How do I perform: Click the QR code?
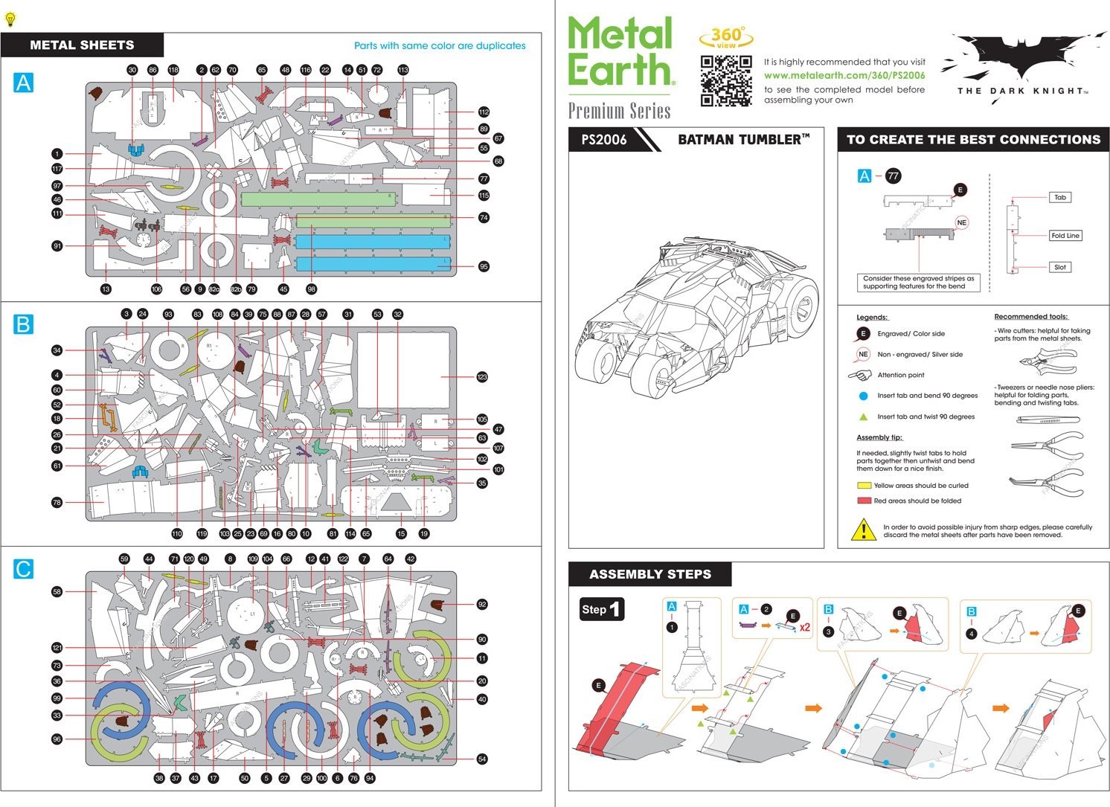[726, 81]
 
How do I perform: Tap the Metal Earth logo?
[620, 51]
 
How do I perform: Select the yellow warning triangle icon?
[863, 530]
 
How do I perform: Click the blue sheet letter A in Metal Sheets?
[24, 82]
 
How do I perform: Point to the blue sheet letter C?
[24, 569]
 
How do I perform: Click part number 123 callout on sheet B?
[482, 377]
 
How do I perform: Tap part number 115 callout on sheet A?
[484, 195]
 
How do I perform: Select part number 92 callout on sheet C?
[482, 604]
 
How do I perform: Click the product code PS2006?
[603, 140]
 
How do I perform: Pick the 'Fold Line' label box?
[1065, 236]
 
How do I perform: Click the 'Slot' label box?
[1059, 267]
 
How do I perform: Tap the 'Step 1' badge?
[601, 609]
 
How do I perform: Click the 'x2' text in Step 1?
[804, 627]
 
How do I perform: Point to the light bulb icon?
[10, 19]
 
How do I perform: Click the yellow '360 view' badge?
[726, 36]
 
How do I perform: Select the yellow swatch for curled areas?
[864, 486]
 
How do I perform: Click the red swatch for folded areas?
[864, 501]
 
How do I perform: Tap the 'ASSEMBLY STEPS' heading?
[649, 574]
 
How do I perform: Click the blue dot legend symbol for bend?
[863, 396]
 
